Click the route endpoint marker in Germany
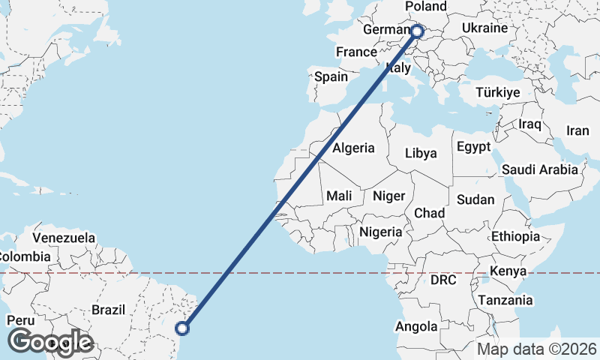[417, 31]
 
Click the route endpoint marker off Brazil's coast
[181, 327]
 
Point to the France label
[356, 52]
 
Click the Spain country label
[331, 76]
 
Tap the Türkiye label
[498, 93]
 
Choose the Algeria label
[353, 148]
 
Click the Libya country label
[421, 153]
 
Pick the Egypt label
[473, 146]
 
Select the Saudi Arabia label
[540, 169]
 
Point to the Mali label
[339, 196]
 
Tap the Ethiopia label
[515, 236]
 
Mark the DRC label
[443, 280]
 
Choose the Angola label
[416, 326]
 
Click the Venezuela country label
[64, 238]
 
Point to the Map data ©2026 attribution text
[537, 349]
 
